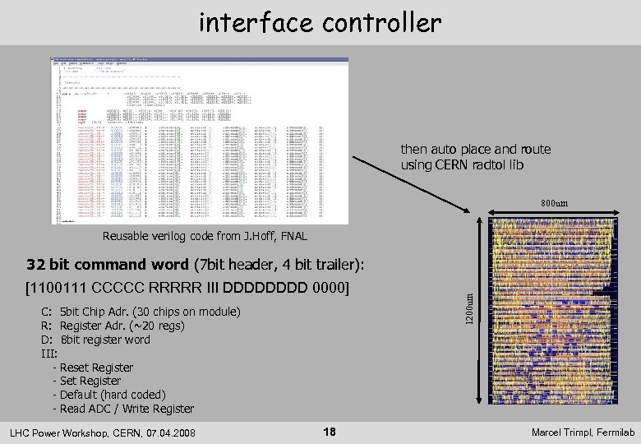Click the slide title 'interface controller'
point(320,22)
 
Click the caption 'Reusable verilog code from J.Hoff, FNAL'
point(205,237)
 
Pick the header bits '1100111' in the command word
point(60,288)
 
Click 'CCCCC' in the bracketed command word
point(118,288)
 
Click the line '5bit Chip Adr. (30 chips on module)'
point(150,312)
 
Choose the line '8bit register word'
point(105,340)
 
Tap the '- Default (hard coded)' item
point(108,395)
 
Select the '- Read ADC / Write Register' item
point(123,409)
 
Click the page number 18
point(329,432)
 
